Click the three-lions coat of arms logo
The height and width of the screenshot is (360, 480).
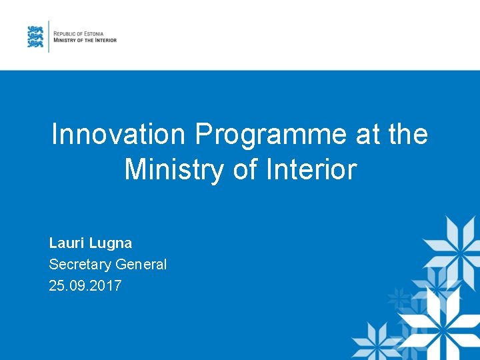click(x=35, y=37)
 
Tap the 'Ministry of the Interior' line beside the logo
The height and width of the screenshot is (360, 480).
click(x=85, y=40)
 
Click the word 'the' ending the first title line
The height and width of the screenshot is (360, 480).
click(x=407, y=135)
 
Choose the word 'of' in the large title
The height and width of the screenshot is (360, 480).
click(x=239, y=169)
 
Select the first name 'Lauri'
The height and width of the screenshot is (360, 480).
click(x=67, y=243)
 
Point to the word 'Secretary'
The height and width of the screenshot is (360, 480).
click(x=80, y=265)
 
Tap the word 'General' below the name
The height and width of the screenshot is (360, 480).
click(x=141, y=265)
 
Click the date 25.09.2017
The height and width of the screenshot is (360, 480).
click(x=85, y=286)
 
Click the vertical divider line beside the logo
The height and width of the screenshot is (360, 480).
click(x=49, y=36)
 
